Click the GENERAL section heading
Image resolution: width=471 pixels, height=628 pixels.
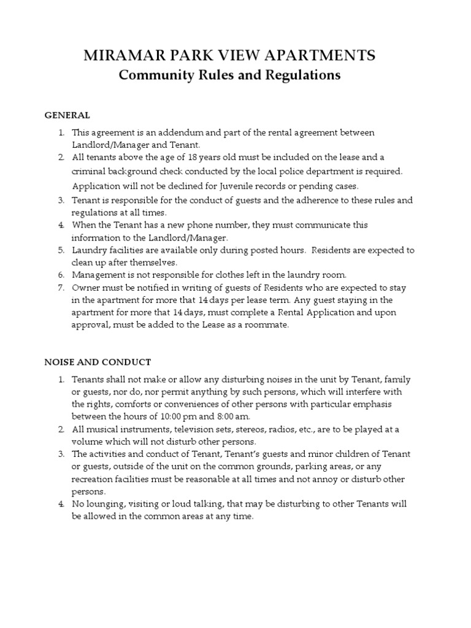pyautogui.click(x=67, y=115)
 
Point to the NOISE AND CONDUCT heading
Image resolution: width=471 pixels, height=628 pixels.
pyautogui.click(x=98, y=362)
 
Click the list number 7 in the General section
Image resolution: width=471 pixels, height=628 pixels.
pyautogui.click(x=61, y=288)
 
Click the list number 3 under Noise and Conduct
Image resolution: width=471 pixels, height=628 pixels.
pyautogui.click(x=61, y=454)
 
